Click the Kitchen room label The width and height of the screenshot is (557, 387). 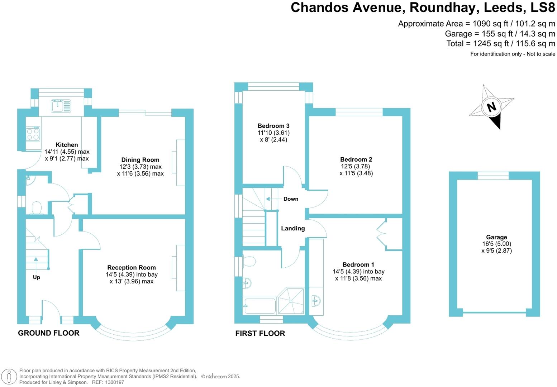point(67,145)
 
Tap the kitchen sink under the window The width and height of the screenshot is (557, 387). point(61,106)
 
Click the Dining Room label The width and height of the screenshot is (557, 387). point(140,160)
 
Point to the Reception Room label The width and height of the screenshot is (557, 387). point(132,268)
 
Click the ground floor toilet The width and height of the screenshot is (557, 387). point(37,208)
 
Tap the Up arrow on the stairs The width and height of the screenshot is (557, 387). point(36,260)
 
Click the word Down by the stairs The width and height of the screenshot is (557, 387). point(291,199)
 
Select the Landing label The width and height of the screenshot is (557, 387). point(293,228)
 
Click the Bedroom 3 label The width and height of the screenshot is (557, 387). point(273,126)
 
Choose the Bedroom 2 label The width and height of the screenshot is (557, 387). point(356,159)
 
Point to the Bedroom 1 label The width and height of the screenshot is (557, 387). point(358,265)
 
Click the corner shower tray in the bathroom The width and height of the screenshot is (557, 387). point(291,301)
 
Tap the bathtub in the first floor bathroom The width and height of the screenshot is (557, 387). point(260,306)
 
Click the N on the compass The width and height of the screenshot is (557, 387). point(491,107)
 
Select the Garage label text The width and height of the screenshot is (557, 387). point(496,237)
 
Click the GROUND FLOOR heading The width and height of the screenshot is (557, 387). point(49,333)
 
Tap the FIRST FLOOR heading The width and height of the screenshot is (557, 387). point(260,333)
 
